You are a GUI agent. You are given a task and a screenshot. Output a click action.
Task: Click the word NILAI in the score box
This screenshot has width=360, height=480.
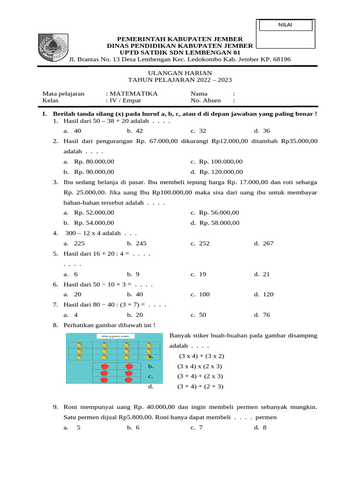point(285,25)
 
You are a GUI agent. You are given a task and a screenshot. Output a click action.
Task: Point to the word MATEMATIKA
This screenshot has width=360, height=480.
point(134,94)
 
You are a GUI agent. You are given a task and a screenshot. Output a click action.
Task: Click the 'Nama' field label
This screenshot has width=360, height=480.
point(199,94)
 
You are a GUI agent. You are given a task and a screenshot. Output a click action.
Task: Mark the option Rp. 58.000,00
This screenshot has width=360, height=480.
point(219,223)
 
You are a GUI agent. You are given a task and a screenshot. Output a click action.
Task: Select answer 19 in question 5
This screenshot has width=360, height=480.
point(202,274)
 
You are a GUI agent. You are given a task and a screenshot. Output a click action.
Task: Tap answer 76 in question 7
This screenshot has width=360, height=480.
point(266,315)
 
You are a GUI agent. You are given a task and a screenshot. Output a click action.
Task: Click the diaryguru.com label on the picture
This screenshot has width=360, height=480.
point(115,336)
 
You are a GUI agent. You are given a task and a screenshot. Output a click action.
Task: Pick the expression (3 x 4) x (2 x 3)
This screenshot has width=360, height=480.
point(200,366)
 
